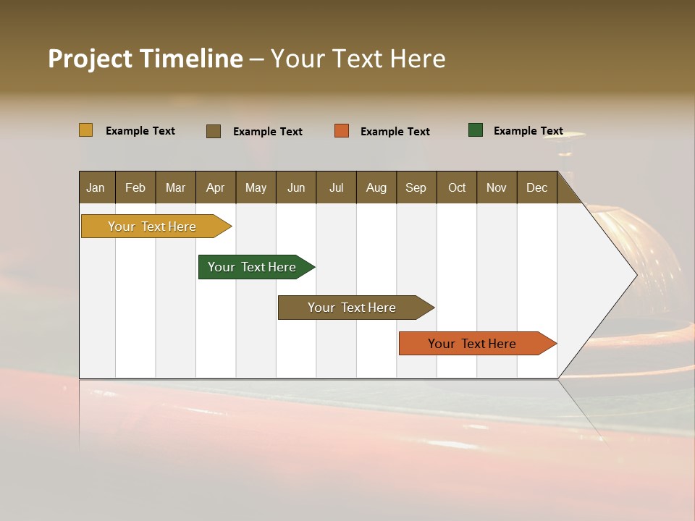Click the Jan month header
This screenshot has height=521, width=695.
(96, 187)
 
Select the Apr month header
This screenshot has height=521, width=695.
(215, 187)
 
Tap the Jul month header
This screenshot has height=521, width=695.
(336, 187)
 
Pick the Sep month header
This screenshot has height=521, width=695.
(416, 187)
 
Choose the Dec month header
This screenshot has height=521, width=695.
(536, 187)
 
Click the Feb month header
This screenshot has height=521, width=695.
(135, 187)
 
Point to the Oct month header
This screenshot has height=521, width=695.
(457, 187)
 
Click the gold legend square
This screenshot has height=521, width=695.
(85, 130)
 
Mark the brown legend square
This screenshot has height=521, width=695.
(214, 131)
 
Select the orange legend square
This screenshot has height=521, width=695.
(342, 131)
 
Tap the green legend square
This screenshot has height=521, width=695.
(476, 130)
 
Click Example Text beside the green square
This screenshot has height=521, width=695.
(528, 131)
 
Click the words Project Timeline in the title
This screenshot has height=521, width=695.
(146, 59)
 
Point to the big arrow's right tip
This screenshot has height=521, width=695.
(635, 275)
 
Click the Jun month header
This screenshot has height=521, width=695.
(296, 187)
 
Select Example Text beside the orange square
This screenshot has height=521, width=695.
(395, 132)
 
